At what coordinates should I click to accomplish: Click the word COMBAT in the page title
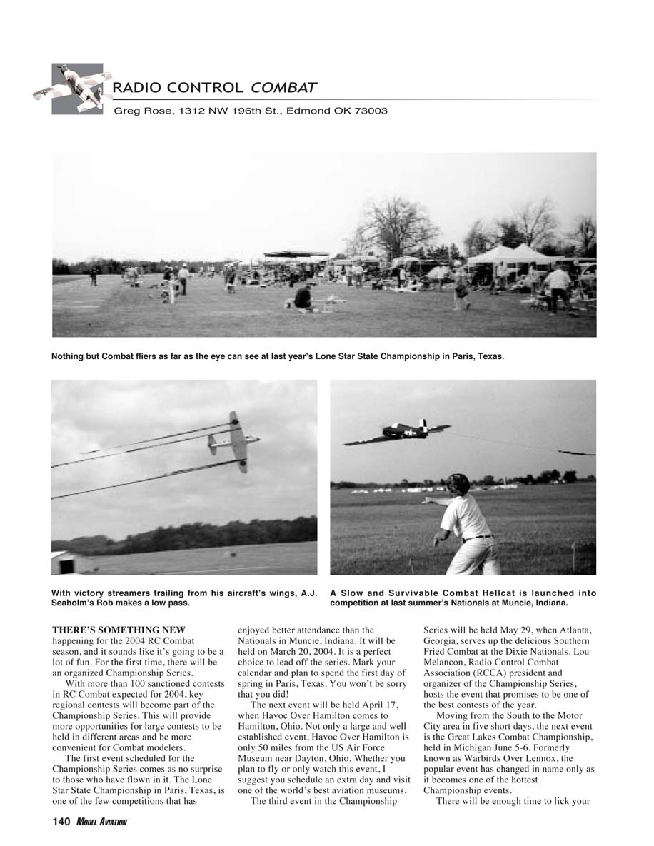(x=283, y=88)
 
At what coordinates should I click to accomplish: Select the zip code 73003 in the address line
(x=369, y=111)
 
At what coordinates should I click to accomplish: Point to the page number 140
(x=61, y=822)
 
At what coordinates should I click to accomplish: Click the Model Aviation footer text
(x=101, y=823)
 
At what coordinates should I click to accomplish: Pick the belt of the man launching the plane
(x=477, y=538)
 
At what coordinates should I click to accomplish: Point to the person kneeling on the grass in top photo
(x=303, y=297)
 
